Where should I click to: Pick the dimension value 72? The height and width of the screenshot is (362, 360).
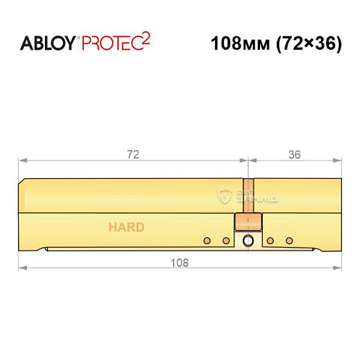[x=133, y=154]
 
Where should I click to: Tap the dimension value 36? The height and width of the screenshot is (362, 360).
[x=293, y=154]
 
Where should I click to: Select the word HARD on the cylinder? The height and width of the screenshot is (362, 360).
[x=127, y=227]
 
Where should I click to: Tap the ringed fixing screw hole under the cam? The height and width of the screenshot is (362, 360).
[x=248, y=241]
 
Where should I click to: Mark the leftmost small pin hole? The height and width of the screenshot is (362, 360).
[x=207, y=240]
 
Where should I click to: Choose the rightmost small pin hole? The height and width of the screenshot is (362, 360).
[x=289, y=240]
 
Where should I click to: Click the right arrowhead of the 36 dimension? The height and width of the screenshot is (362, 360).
[x=337, y=161]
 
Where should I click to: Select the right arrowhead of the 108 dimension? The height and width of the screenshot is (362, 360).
[x=337, y=269]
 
